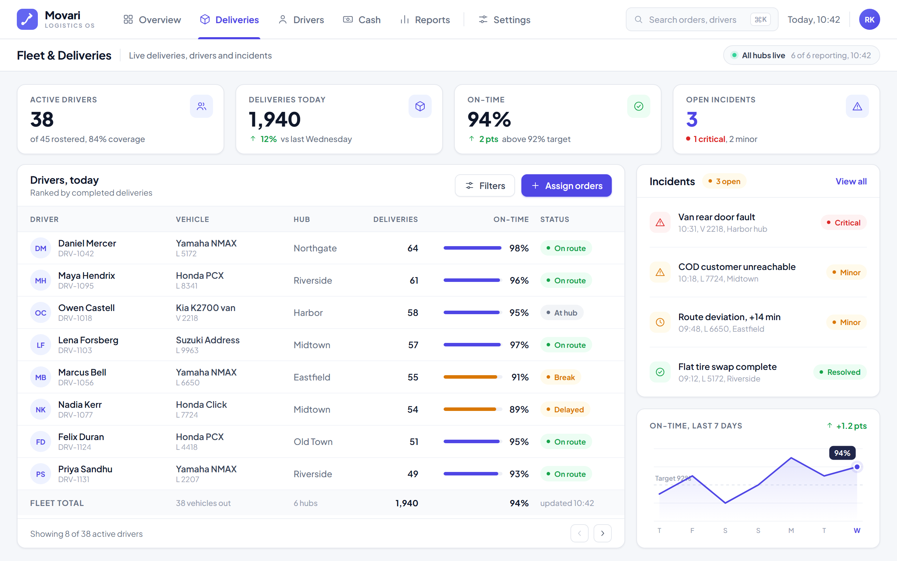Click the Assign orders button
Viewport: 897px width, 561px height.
[566, 185]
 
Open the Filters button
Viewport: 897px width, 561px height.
[485, 185]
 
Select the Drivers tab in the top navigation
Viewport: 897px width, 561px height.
[301, 20]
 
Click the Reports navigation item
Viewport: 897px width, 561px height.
[425, 20]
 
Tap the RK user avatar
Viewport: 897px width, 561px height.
[869, 20]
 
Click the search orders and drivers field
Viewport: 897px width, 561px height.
[702, 20]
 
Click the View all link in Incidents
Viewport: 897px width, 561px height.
[851, 181]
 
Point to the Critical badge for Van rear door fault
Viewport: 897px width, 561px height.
[843, 223]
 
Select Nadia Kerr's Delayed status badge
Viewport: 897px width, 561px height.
[564, 410]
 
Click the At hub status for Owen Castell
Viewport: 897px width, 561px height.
[562, 313]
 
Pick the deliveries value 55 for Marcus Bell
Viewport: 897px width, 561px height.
[413, 377]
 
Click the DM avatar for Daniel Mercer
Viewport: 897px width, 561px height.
[40, 248]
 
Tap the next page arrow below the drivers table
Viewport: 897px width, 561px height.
[602, 533]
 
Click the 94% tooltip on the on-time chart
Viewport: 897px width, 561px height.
[842, 453]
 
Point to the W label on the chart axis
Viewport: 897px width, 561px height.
[857, 530]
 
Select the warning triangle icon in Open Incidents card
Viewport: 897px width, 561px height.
[857, 107]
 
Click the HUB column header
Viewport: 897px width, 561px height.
[302, 219]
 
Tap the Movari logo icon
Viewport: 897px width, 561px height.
[27, 20]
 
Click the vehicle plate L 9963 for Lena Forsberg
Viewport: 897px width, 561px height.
[187, 350]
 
